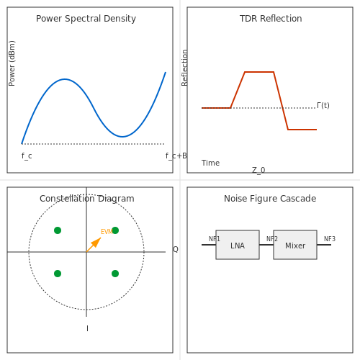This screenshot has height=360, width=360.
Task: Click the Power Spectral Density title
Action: click(x=86, y=19)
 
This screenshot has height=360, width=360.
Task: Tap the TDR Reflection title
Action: click(x=271, y=19)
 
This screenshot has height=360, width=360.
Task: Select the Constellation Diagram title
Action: click(x=87, y=199)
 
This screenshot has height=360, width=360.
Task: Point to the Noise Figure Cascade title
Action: click(x=270, y=199)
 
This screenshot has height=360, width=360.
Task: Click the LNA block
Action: click(x=238, y=245)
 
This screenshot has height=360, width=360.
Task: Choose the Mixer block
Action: click(x=295, y=245)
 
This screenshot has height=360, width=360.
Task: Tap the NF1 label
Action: click(x=215, y=239)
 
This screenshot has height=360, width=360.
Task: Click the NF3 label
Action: click(x=330, y=239)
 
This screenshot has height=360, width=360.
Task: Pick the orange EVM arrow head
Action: click(x=97, y=241)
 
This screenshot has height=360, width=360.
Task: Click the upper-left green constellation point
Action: click(x=58, y=230)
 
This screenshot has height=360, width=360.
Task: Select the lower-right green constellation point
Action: click(x=115, y=274)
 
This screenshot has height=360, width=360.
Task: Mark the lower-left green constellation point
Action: click(x=58, y=274)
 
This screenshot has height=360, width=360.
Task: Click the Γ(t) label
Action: click(x=323, y=105)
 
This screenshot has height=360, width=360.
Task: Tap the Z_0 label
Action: click(x=258, y=170)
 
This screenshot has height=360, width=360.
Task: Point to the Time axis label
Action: click(x=210, y=163)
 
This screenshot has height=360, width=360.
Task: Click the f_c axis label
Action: click(x=27, y=156)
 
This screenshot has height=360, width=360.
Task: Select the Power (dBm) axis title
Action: click(x=12, y=63)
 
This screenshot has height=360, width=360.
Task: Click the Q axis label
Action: click(x=176, y=249)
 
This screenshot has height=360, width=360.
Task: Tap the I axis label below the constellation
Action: click(x=87, y=328)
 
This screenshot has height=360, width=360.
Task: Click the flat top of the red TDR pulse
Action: click(x=259, y=72)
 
